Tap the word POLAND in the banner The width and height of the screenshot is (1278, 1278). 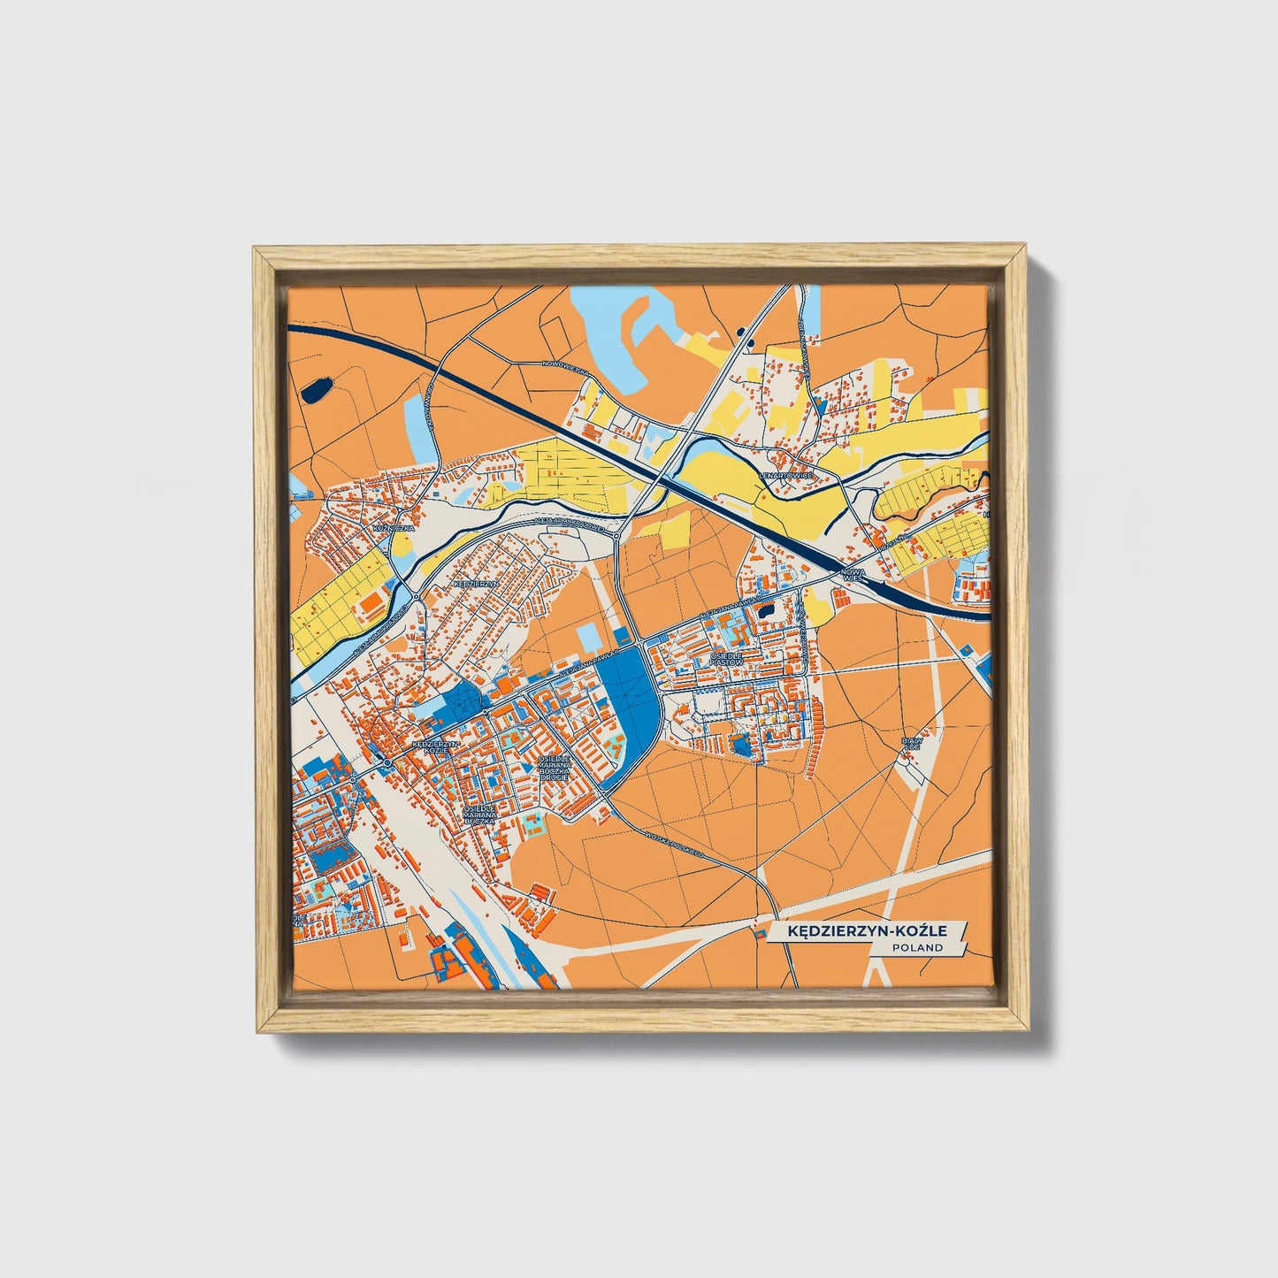click(917, 947)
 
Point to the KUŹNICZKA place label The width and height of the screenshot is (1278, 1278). click(394, 528)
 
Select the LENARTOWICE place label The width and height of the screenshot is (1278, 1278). click(785, 475)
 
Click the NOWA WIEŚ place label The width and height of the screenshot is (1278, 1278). click(853, 575)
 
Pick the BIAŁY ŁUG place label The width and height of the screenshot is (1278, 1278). click(911, 743)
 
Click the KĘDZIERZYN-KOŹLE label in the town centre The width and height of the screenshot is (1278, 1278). click(435, 746)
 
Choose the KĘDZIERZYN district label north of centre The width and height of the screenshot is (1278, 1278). click(476, 585)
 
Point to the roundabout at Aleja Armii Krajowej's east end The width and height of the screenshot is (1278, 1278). click(616, 533)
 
